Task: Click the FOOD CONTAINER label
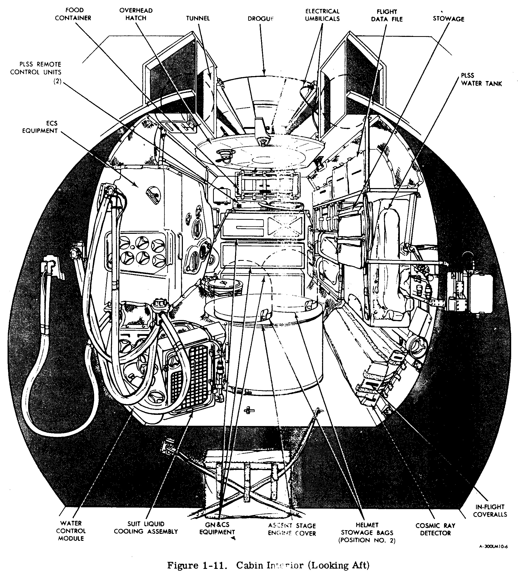click(73, 14)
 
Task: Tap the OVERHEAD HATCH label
click(136, 14)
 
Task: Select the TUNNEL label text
click(198, 18)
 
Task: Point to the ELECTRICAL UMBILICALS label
click(322, 15)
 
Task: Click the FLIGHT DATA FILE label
click(387, 15)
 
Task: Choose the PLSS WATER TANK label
click(482, 79)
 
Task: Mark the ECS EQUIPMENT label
click(40, 127)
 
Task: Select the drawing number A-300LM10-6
click(493, 547)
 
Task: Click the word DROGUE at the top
click(260, 19)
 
